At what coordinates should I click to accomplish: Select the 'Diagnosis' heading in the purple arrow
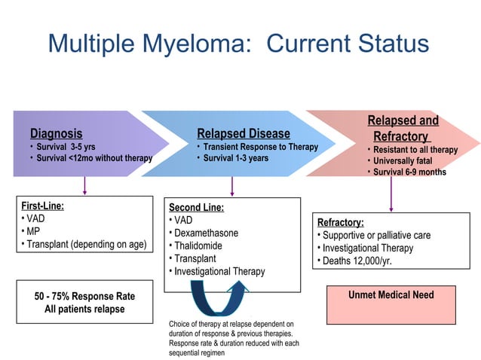(56, 133)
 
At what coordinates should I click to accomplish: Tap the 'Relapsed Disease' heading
(243, 133)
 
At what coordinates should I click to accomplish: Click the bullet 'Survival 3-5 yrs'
(65, 146)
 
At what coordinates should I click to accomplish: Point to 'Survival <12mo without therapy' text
(93, 158)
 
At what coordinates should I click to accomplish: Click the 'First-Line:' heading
(42, 205)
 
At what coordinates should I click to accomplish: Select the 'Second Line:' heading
(196, 207)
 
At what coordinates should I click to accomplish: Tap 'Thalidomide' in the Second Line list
(200, 246)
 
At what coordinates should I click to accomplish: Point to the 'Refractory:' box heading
(341, 222)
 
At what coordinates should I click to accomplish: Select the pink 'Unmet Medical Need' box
(391, 304)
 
